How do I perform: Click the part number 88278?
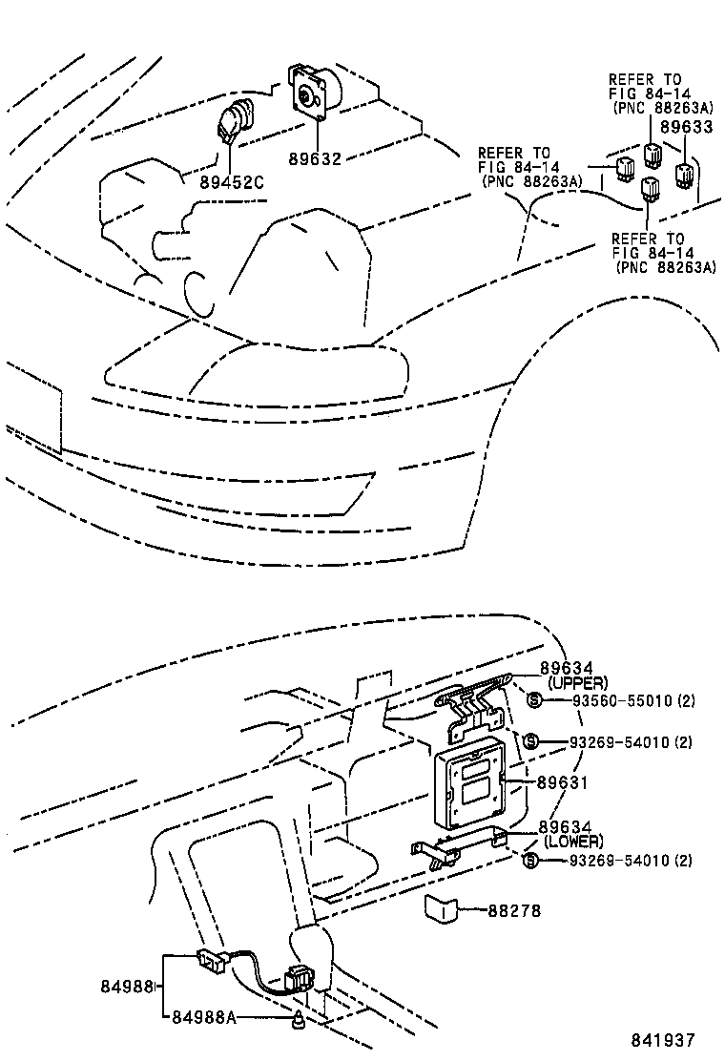click(x=514, y=911)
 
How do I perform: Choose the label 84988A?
click(x=204, y=1018)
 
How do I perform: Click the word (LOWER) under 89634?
click(x=572, y=842)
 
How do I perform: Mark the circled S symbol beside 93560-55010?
click(x=534, y=701)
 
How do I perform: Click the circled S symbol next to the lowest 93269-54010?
click(x=532, y=861)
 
